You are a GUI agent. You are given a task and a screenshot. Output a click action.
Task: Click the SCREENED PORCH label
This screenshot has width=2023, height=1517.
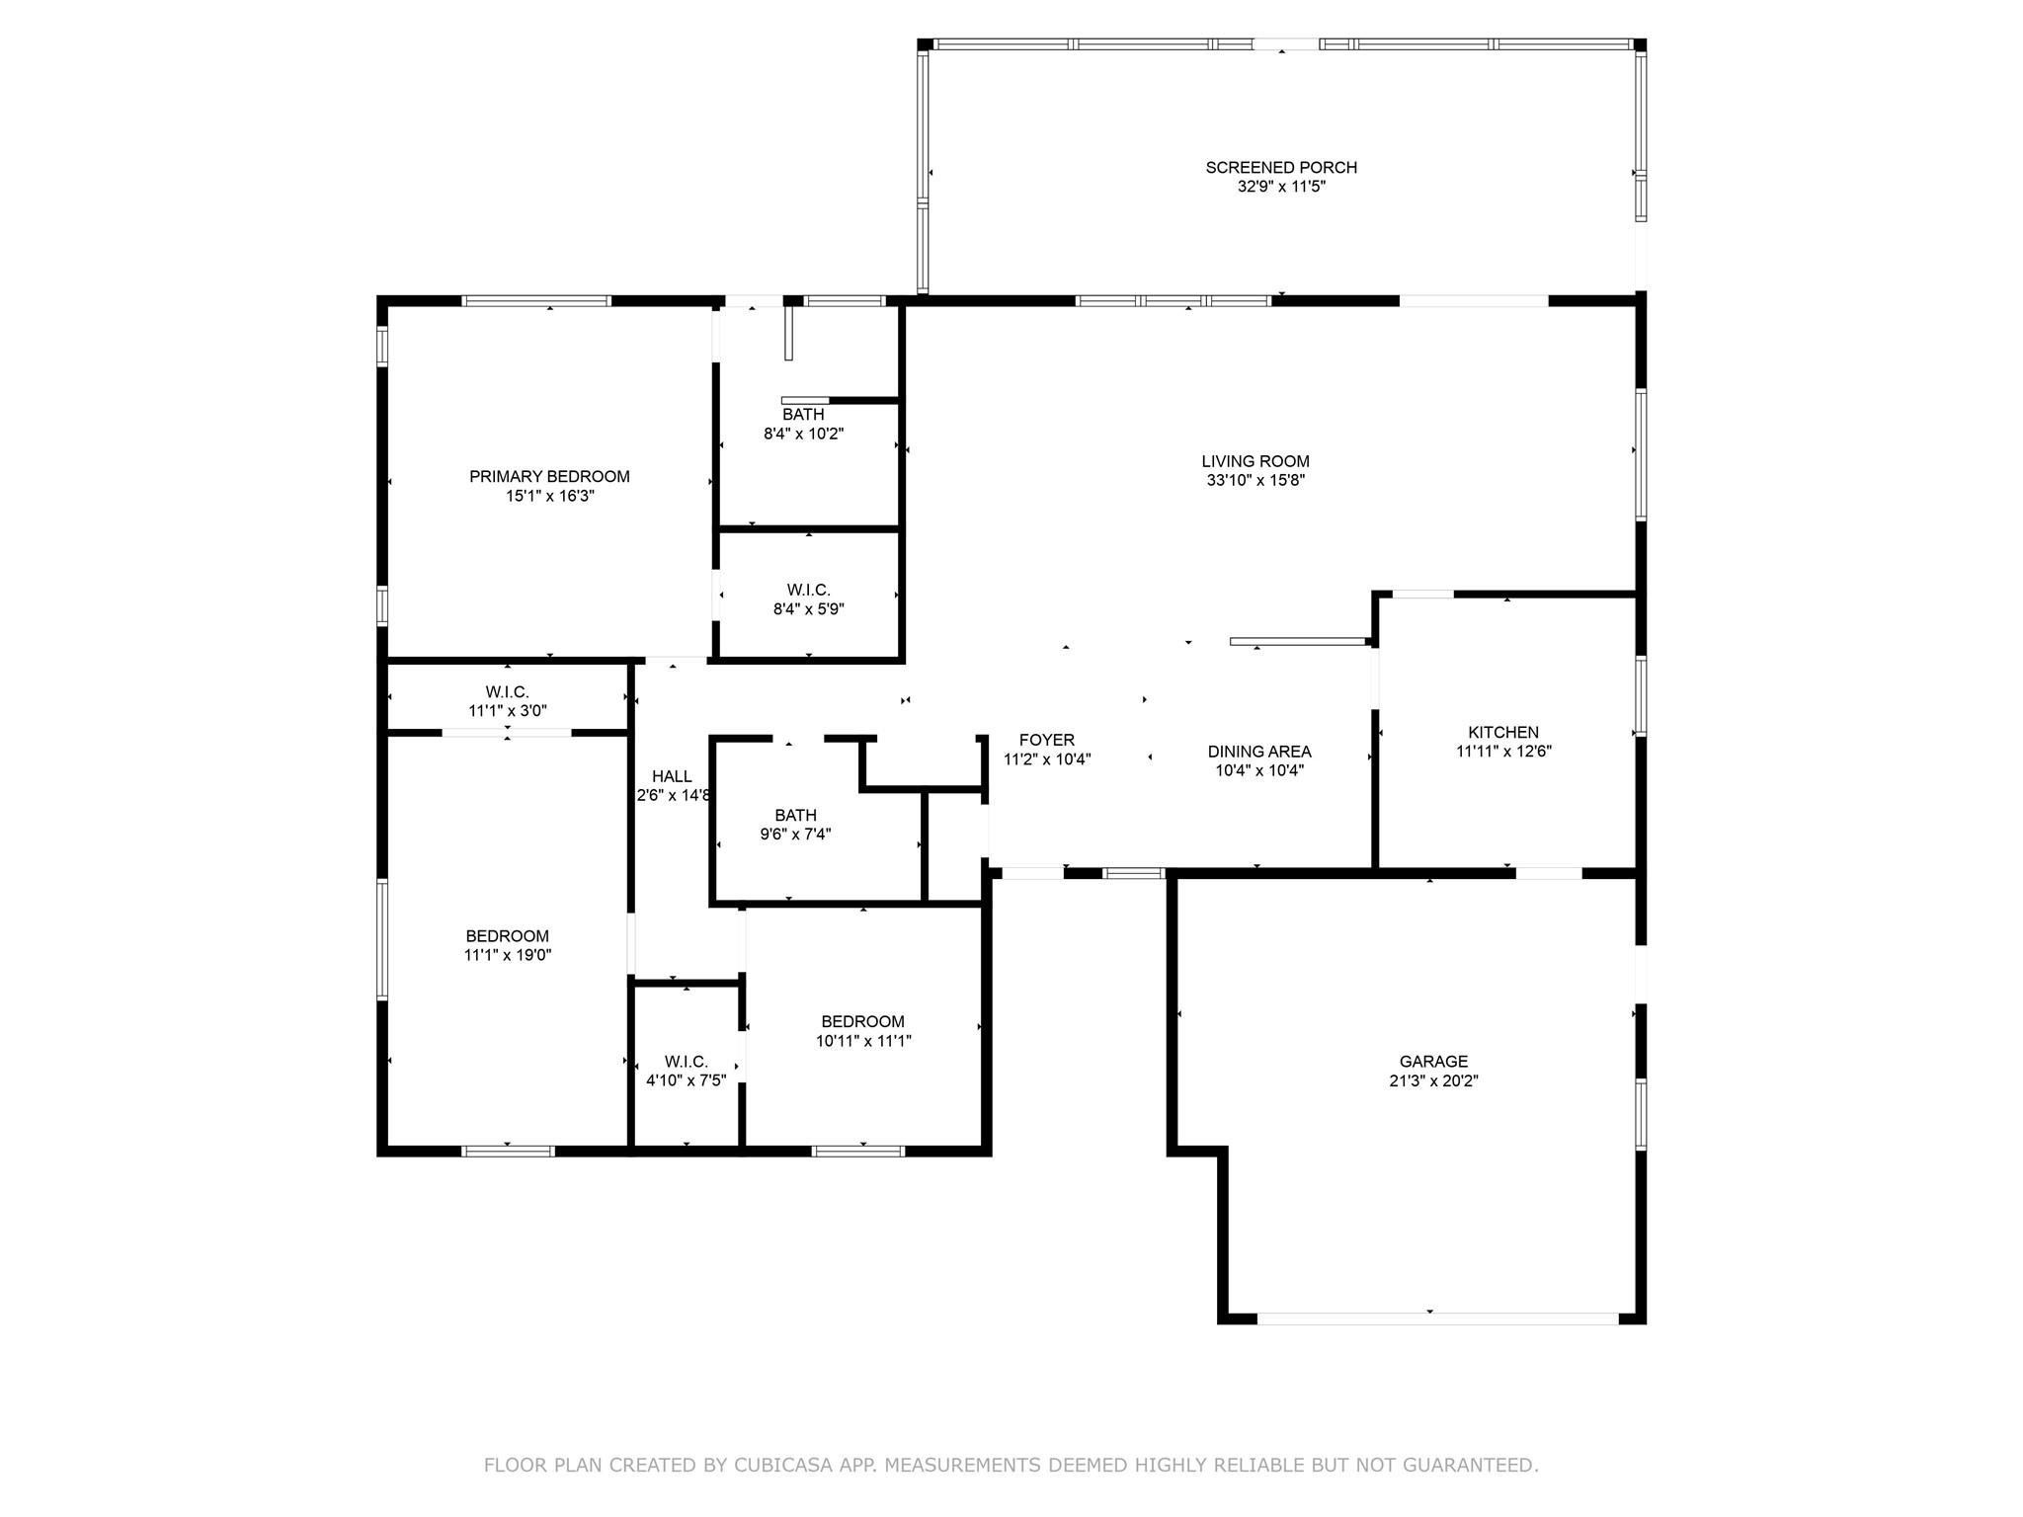(x=1281, y=168)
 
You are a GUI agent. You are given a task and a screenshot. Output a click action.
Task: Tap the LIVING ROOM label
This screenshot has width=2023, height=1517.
(x=1255, y=461)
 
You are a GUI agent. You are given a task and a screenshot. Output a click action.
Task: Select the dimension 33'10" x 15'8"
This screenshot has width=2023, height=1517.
(x=1255, y=481)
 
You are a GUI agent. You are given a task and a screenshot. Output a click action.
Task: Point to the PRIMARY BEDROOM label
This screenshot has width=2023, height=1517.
(x=549, y=477)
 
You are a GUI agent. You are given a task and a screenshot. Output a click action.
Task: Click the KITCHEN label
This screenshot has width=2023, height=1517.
(x=1503, y=733)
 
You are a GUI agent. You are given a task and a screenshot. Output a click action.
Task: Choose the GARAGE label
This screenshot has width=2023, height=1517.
(x=1433, y=1062)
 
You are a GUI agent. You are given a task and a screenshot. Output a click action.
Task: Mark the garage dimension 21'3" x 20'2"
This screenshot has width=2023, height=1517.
(x=1433, y=1081)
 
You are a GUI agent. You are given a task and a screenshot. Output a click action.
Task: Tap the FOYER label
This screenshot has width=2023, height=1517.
(x=1047, y=741)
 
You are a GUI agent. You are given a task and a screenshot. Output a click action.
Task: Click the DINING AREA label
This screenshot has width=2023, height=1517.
(x=1259, y=752)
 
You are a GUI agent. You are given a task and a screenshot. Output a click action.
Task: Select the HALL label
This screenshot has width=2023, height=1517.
(x=672, y=777)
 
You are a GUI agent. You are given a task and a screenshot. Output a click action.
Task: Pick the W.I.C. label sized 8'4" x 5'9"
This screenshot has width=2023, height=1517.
(x=809, y=591)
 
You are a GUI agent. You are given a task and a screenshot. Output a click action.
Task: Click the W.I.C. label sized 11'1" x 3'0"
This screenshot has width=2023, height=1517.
(x=507, y=692)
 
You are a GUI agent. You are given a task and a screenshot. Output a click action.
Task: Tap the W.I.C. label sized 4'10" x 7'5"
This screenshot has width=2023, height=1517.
(x=687, y=1062)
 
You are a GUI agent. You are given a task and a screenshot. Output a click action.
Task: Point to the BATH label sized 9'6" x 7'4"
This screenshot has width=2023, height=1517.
(x=795, y=816)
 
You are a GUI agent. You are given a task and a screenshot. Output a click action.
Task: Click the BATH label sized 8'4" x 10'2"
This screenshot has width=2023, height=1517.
(x=803, y=415)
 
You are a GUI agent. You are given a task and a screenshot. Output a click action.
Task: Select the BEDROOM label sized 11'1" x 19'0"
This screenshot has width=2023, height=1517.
(x=508, y=936)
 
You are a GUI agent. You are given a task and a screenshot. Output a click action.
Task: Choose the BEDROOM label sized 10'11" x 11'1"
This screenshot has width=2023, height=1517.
(x=862, y=1022)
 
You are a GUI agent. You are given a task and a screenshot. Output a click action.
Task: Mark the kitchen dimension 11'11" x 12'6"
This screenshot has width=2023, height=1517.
(x=1503, y=752)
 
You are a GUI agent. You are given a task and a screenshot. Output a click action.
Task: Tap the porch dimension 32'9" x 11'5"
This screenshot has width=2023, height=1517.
(x=1281, y=187)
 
